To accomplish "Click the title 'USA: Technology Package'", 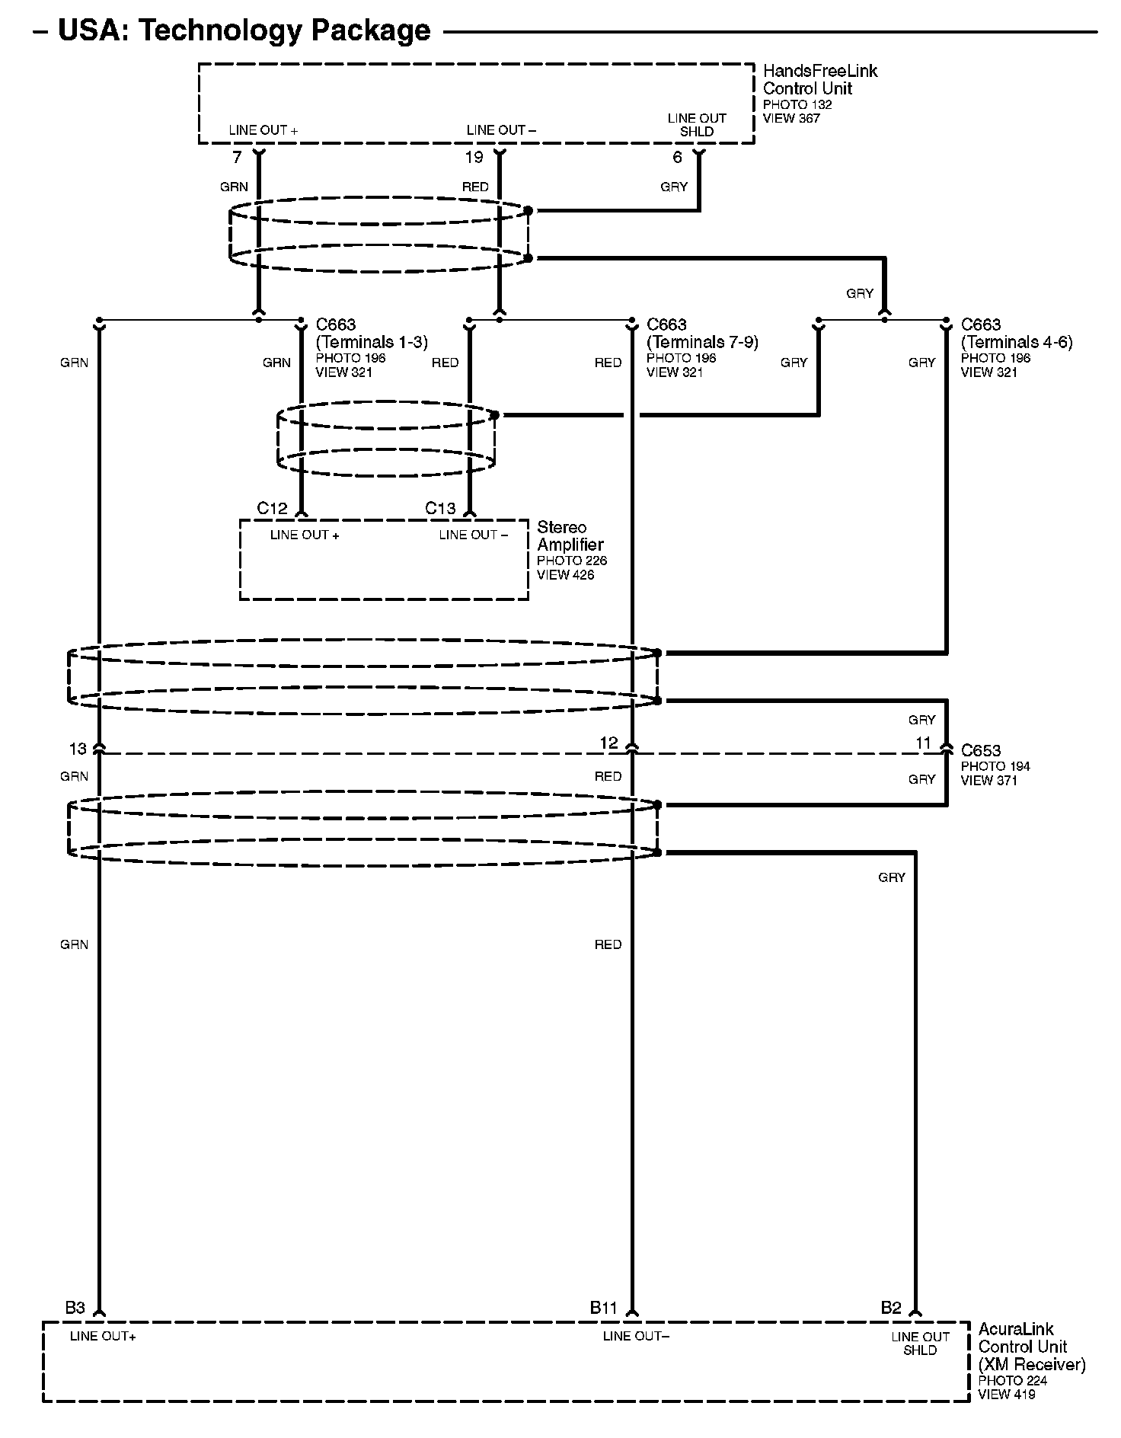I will [244, 30].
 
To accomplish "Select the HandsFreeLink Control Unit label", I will [819, 79].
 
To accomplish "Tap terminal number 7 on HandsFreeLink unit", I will [237, 158].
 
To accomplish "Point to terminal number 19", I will [474, 158].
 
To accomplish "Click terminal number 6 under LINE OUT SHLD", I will [677, 158].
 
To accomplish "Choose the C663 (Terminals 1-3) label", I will [372, 334].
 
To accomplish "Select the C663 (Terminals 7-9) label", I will [702, 334].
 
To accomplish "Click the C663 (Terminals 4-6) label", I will [1017, 334].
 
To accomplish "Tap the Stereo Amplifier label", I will [570, 535].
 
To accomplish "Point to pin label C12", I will [272, 508].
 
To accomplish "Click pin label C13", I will [440, 508].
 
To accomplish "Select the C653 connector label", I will [981, 751].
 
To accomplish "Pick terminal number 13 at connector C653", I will [78, 749].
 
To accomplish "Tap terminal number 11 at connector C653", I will [923, 743].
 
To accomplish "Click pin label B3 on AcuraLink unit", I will [75, 1308].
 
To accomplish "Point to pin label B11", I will [603, 1308].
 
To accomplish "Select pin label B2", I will [891, 1308].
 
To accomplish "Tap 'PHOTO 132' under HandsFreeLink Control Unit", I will [797, 105].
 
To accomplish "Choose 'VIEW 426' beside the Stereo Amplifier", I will [565, 575].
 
